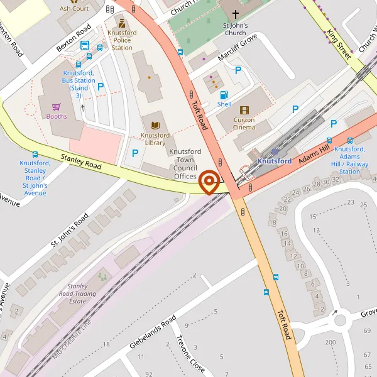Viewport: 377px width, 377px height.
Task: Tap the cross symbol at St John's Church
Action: [x=236, y=14]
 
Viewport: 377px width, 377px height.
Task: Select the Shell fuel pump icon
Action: [x=224, y=94]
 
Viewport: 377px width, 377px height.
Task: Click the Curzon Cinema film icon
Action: [x=244, y=111]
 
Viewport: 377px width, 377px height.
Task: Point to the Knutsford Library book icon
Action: [x=154, y=125]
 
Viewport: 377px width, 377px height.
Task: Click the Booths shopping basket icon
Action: [x=56, y=107]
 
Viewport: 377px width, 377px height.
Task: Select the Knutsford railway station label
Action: [x=275, y=161]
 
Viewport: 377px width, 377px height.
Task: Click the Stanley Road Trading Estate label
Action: [x=85, y=293]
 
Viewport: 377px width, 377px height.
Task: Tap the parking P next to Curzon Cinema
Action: [x=295, y=109]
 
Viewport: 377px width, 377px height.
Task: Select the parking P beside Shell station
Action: [x=238, y=70]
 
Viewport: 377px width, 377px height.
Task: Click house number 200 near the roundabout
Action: [x=331, y=342]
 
